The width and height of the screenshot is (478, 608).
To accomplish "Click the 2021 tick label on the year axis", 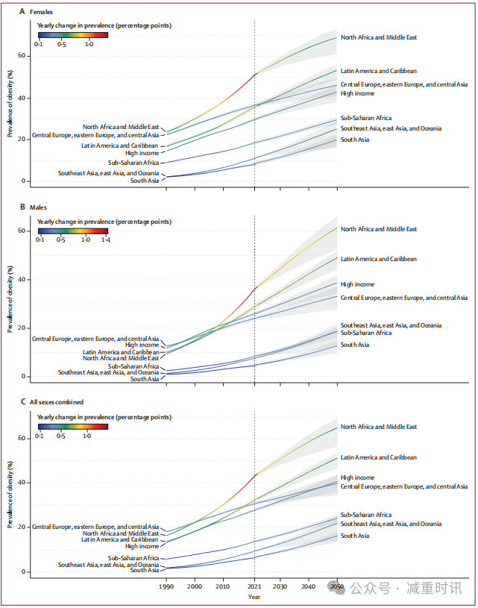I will [254, 586].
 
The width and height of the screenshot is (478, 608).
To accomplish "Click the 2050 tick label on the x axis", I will [336, 586].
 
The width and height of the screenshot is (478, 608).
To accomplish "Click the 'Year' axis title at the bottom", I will [254, 597].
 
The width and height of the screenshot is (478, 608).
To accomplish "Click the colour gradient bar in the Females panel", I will [72, 34].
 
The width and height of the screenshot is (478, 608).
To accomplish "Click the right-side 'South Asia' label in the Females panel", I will [355, 140].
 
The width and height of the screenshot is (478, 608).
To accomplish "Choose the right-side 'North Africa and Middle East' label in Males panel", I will [379, 229].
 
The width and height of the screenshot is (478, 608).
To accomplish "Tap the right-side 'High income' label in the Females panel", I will [358, 93].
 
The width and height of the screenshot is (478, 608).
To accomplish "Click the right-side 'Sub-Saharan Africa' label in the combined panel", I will [366, 515].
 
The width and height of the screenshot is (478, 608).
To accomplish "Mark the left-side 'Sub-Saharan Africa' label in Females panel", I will [133, 162].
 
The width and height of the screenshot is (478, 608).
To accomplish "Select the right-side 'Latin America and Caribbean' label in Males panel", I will [378, 259].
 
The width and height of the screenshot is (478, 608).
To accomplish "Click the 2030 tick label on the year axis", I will [282, 586].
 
